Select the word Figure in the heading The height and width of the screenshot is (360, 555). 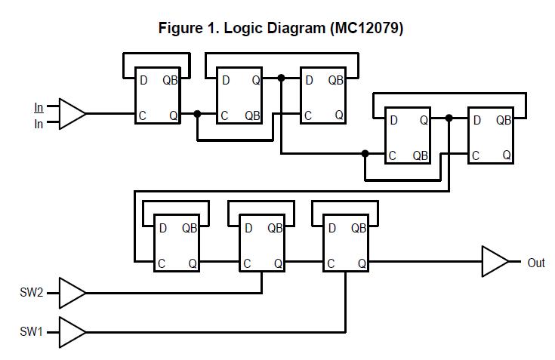(180, 29)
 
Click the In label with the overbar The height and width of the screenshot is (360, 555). (39, 107)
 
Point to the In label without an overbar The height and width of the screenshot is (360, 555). (39, 125)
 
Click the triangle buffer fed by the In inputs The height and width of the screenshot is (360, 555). (72, 114)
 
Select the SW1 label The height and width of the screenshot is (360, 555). (32, 331)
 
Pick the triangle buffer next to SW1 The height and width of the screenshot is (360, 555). (72, 331)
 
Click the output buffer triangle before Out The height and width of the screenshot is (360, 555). (495, 263)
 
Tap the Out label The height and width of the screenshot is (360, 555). (536, 263)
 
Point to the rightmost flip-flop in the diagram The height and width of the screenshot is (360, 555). (490, 137)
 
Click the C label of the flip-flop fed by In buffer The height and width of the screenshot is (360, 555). (142, 115)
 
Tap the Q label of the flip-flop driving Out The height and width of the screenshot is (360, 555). (362, 264)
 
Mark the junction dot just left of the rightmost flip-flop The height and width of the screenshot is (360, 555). (449, 118)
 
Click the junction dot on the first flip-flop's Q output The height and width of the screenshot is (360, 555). (197, 114)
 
